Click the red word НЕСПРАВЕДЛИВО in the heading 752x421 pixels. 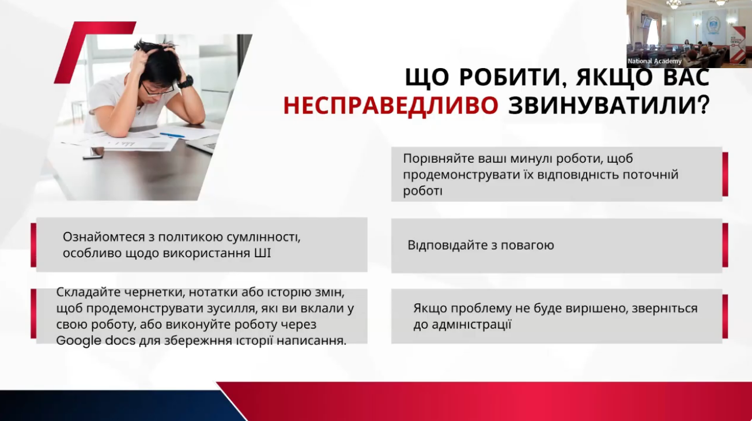pos(391,106)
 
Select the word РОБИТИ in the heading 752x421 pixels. pos(509,77)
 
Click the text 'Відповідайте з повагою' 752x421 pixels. pos(481,245)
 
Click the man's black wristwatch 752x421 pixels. pos(186,82)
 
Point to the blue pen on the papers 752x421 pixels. pos(172,135)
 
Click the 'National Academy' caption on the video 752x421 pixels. pos(655,61)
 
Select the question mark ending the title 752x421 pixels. pos(702,106)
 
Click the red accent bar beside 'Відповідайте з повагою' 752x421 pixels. pos(725,245)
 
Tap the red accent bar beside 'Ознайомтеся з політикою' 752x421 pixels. pos(33,245)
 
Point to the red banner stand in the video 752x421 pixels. pos(737,44)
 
